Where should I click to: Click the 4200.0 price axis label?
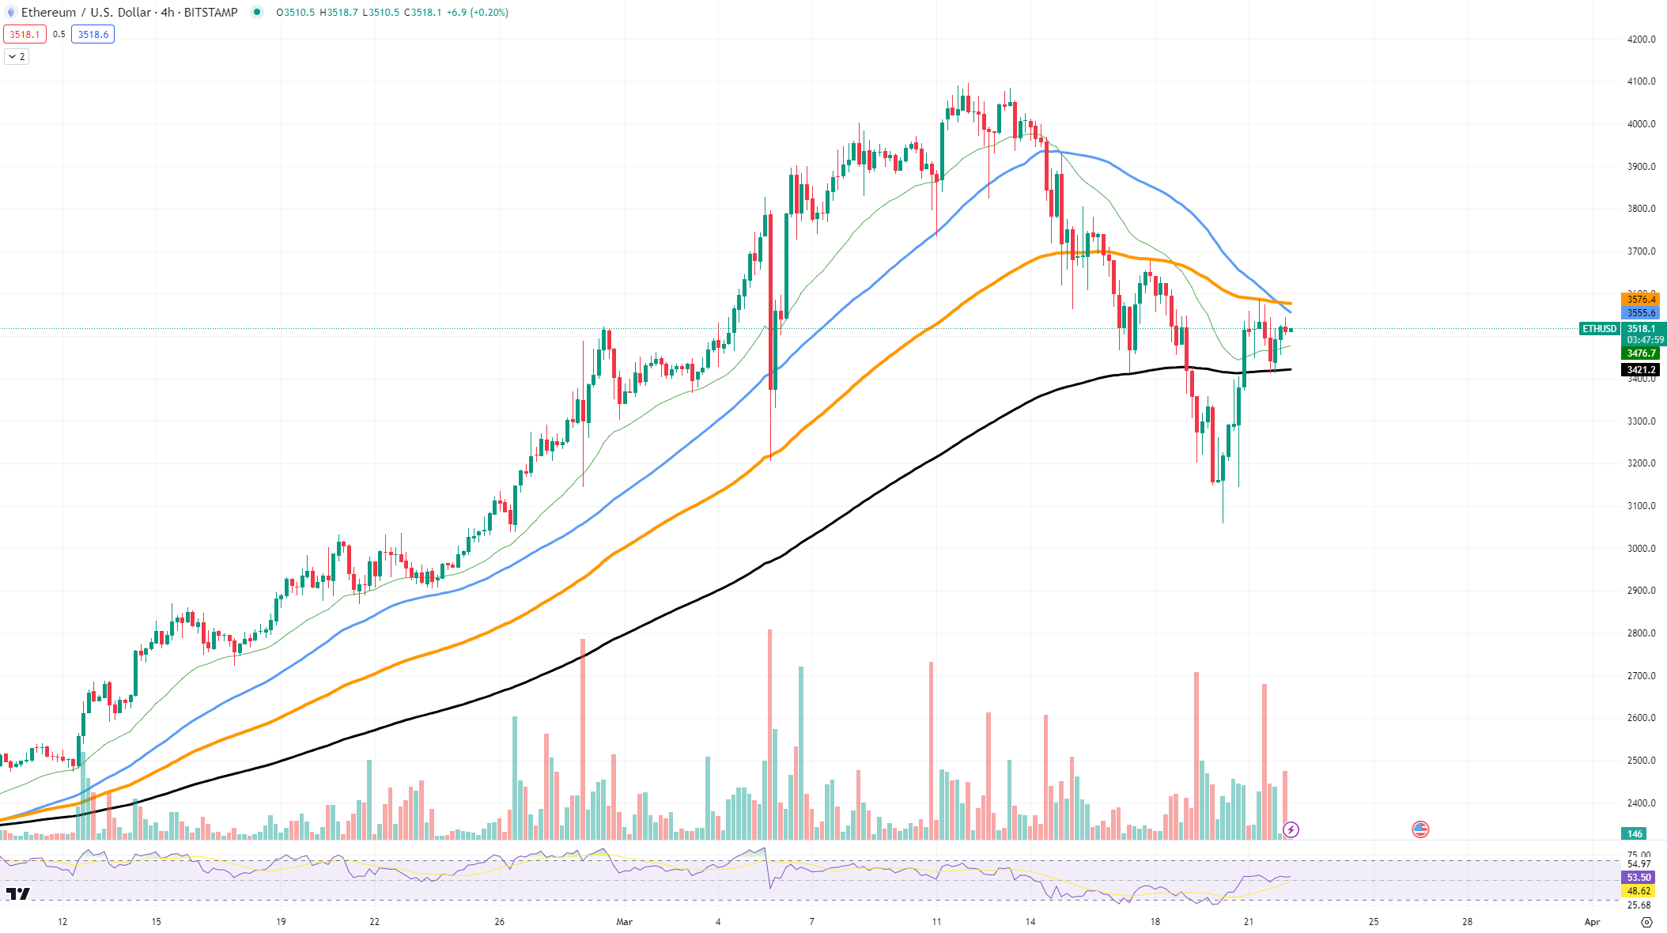pyautogui.click(x=1641, y=40)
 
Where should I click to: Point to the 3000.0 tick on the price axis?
pyautogui.click(x=1641, y=549)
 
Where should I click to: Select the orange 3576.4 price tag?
pyautogui.click(x=1640, y=300)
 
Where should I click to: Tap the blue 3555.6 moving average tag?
pyautogui.click(x=1640, y=313)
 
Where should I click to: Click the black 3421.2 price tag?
pyautogui.click(x=1640, y=370)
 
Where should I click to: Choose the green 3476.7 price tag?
pyautogui.click(x=1640, y=353)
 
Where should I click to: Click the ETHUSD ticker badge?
pyautogui.click(x=1599, y=329)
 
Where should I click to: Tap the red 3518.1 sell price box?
pyautogui.click(x=25, y=35)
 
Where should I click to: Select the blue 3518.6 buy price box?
pyautogui.click(x=93, y=35)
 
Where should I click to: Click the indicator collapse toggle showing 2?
pyautogui.click(x=17, y=57)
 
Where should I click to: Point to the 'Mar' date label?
pyautogui.click(x=624, y=922)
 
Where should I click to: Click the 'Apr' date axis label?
pyautogui.click(x=1592, y=922)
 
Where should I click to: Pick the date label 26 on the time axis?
pyautogui.click(x=499, y=922)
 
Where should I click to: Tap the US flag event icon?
pyautogui.click(x=1420, y=829)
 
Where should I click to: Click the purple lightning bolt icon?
pyautogui.click(x=1291, y=829)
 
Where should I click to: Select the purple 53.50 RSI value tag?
pyautogui.click(x=1639, y=878)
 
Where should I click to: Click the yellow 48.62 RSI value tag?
pyautogui.click(x=1639, y=891)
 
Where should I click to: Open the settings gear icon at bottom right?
pyautogui.click(x=1646, y=922)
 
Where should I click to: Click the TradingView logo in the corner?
pyautogui.click(x=18, y=894)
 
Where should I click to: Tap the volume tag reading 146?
pyautogui.click(x=1635, y=833)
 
